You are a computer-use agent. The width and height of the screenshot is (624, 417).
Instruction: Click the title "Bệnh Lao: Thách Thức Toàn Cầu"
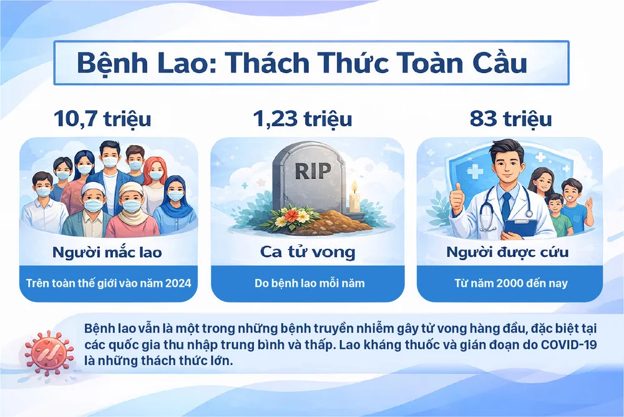point(302,63)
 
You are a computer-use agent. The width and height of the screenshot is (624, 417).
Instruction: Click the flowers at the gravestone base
point(292,216)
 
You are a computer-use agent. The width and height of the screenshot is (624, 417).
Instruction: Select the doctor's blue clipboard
point(519,226)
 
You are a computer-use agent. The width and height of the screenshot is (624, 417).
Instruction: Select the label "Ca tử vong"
point(308,253)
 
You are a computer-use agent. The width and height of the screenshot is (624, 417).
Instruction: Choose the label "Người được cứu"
point(509,253)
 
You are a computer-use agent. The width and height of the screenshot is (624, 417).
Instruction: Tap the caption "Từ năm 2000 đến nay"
point(509,283)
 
